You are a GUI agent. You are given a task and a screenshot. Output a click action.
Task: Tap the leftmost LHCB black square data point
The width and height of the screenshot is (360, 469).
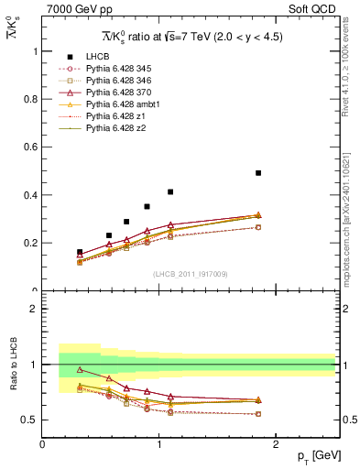click(x=80, y=252)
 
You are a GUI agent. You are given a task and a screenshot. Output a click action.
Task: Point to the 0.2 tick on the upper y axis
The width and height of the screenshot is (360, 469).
click(x=36, y=243)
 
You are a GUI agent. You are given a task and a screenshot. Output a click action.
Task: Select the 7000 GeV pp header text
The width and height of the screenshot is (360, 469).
click(x=72, y=9)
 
